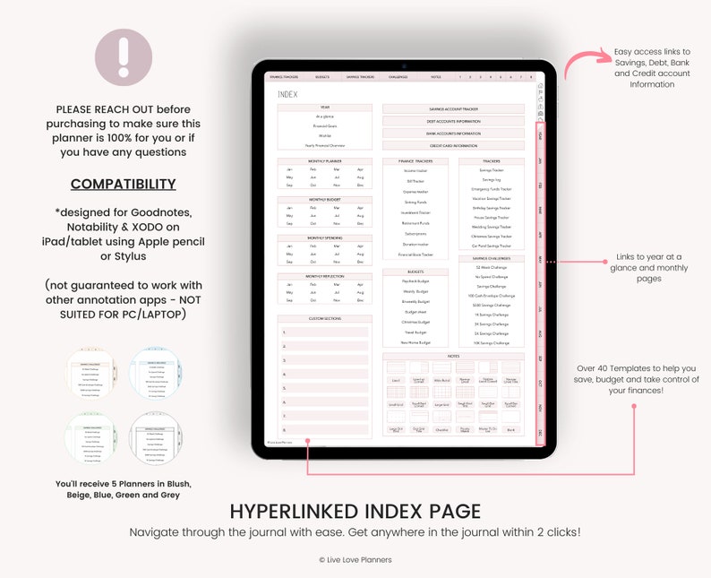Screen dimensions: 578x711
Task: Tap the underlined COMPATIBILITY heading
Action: click(x=123, y=184)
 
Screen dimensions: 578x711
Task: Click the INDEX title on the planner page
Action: click(x=288, y=94)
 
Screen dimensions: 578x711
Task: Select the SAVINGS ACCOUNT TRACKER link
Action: click(x=453, y=109)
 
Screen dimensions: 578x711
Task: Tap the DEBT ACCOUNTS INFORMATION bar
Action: click(x=453, y=121)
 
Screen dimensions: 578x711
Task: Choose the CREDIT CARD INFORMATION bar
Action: click(x=453, y=145)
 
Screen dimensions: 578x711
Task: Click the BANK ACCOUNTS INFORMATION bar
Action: click(x=453, y=134)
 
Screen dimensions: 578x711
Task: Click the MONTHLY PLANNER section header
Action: click(x=324, y=161)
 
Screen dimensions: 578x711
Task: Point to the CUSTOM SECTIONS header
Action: click(x=324, y=319)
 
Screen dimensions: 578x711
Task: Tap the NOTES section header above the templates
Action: click(x=453, y=356)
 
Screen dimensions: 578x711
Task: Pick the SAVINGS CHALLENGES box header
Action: click(x=491, y=258)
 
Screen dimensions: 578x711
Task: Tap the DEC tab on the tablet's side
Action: click(x=540, y=434)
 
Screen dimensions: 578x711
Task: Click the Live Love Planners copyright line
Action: click(x=355, y=560)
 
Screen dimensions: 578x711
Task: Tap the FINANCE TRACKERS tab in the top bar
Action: click(x=284, y=77)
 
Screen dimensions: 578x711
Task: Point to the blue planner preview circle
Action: click(x=156, y=372)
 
